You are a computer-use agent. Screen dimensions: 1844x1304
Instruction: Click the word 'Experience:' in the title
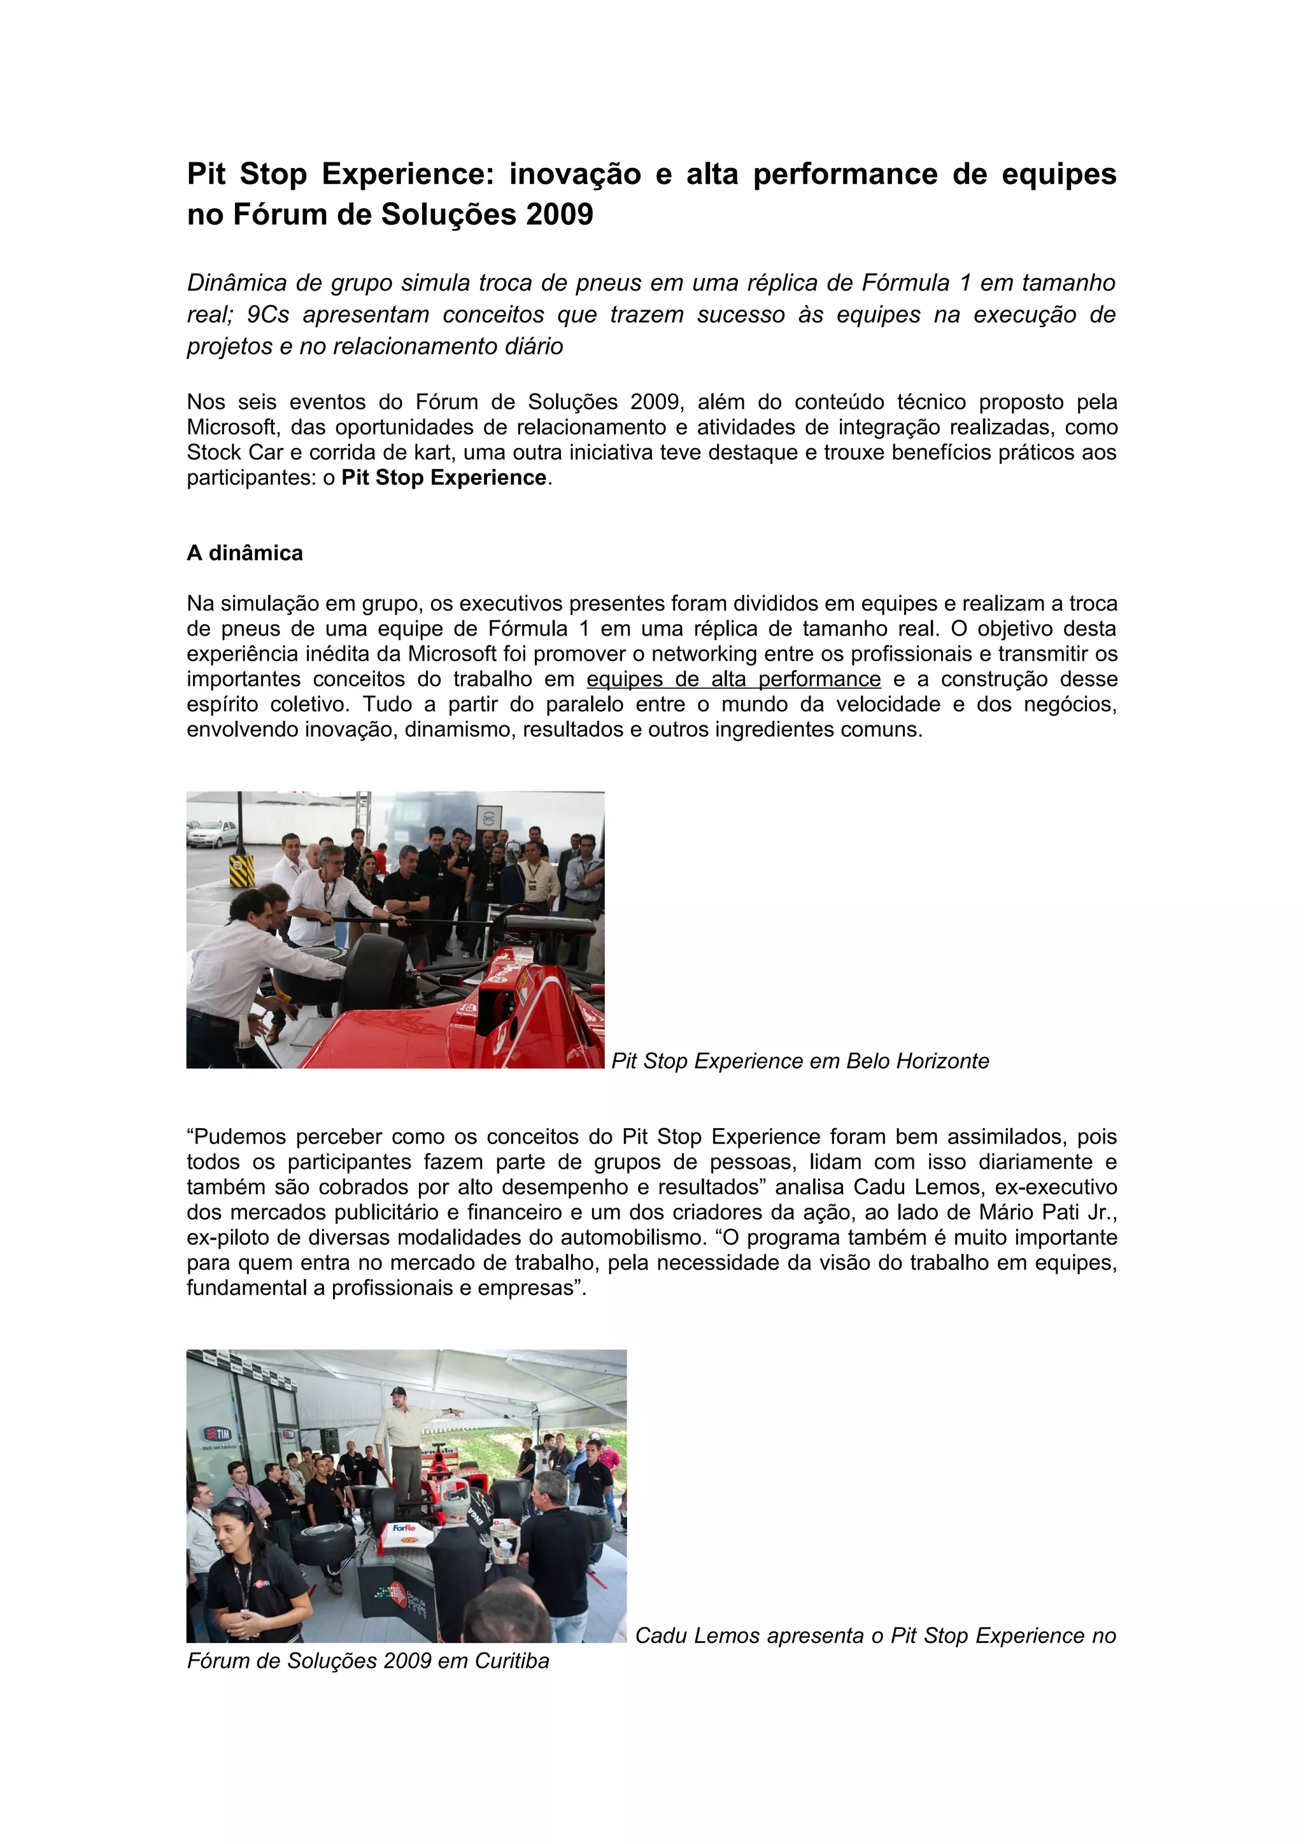coord(407,174)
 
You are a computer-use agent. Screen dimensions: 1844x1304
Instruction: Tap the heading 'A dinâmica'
coord(245,554)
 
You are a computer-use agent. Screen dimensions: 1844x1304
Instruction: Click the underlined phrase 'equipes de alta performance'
coord(733,680)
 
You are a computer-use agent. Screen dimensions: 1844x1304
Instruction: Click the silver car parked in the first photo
coord(211,833)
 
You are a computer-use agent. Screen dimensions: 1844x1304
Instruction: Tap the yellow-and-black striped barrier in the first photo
coord(241,870)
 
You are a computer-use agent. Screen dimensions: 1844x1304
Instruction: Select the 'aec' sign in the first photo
coord(488,818)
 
